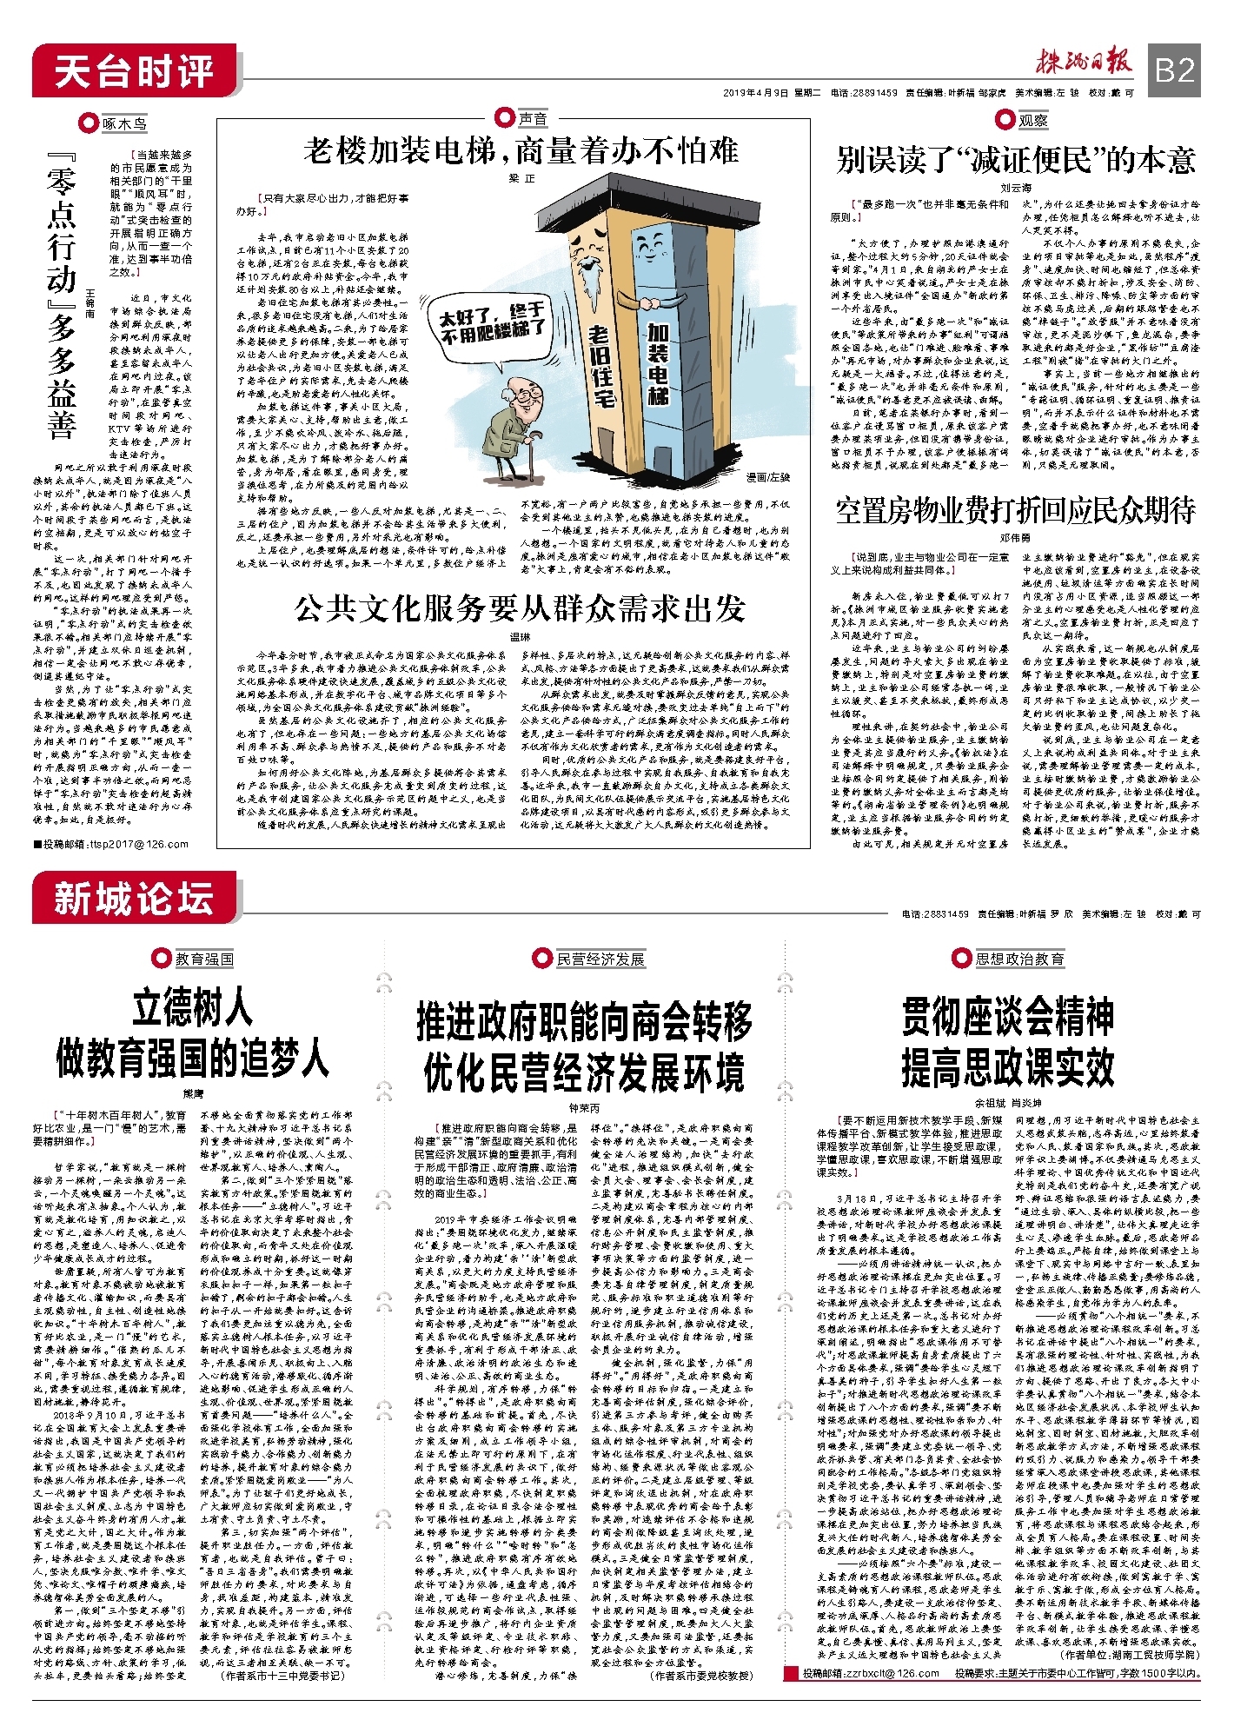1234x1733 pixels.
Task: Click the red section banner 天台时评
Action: (x=134, y=70)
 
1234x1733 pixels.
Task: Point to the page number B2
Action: (x=1174, y=70)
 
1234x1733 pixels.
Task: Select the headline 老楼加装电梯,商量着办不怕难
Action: (x=521, y=151)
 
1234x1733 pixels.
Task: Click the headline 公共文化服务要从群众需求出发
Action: (x=520, y=608)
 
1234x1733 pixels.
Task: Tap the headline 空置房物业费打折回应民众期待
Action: (x=1015, y=511)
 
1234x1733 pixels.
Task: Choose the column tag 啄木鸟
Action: (x=123, y=123)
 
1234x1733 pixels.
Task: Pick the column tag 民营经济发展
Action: (x=600, y=959)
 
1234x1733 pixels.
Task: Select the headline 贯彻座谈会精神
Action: (x=1007, y=1016)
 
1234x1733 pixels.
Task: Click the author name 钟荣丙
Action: (x=584, y=1108)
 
